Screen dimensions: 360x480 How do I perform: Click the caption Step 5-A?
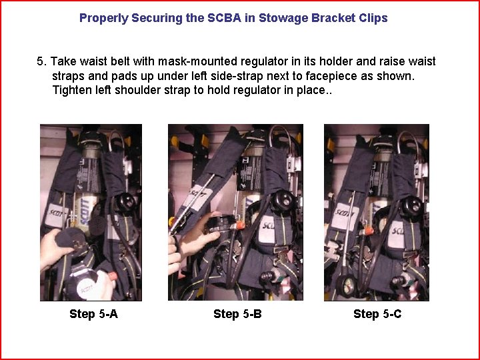[93, 314]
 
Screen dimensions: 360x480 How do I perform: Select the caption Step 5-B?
[237, 314]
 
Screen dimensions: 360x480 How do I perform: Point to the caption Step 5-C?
[377, 314]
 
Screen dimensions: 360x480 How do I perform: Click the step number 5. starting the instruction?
[41, 61]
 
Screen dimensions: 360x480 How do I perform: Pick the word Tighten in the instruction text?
[72, 90]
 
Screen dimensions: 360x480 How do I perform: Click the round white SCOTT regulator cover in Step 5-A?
[86, 288]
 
